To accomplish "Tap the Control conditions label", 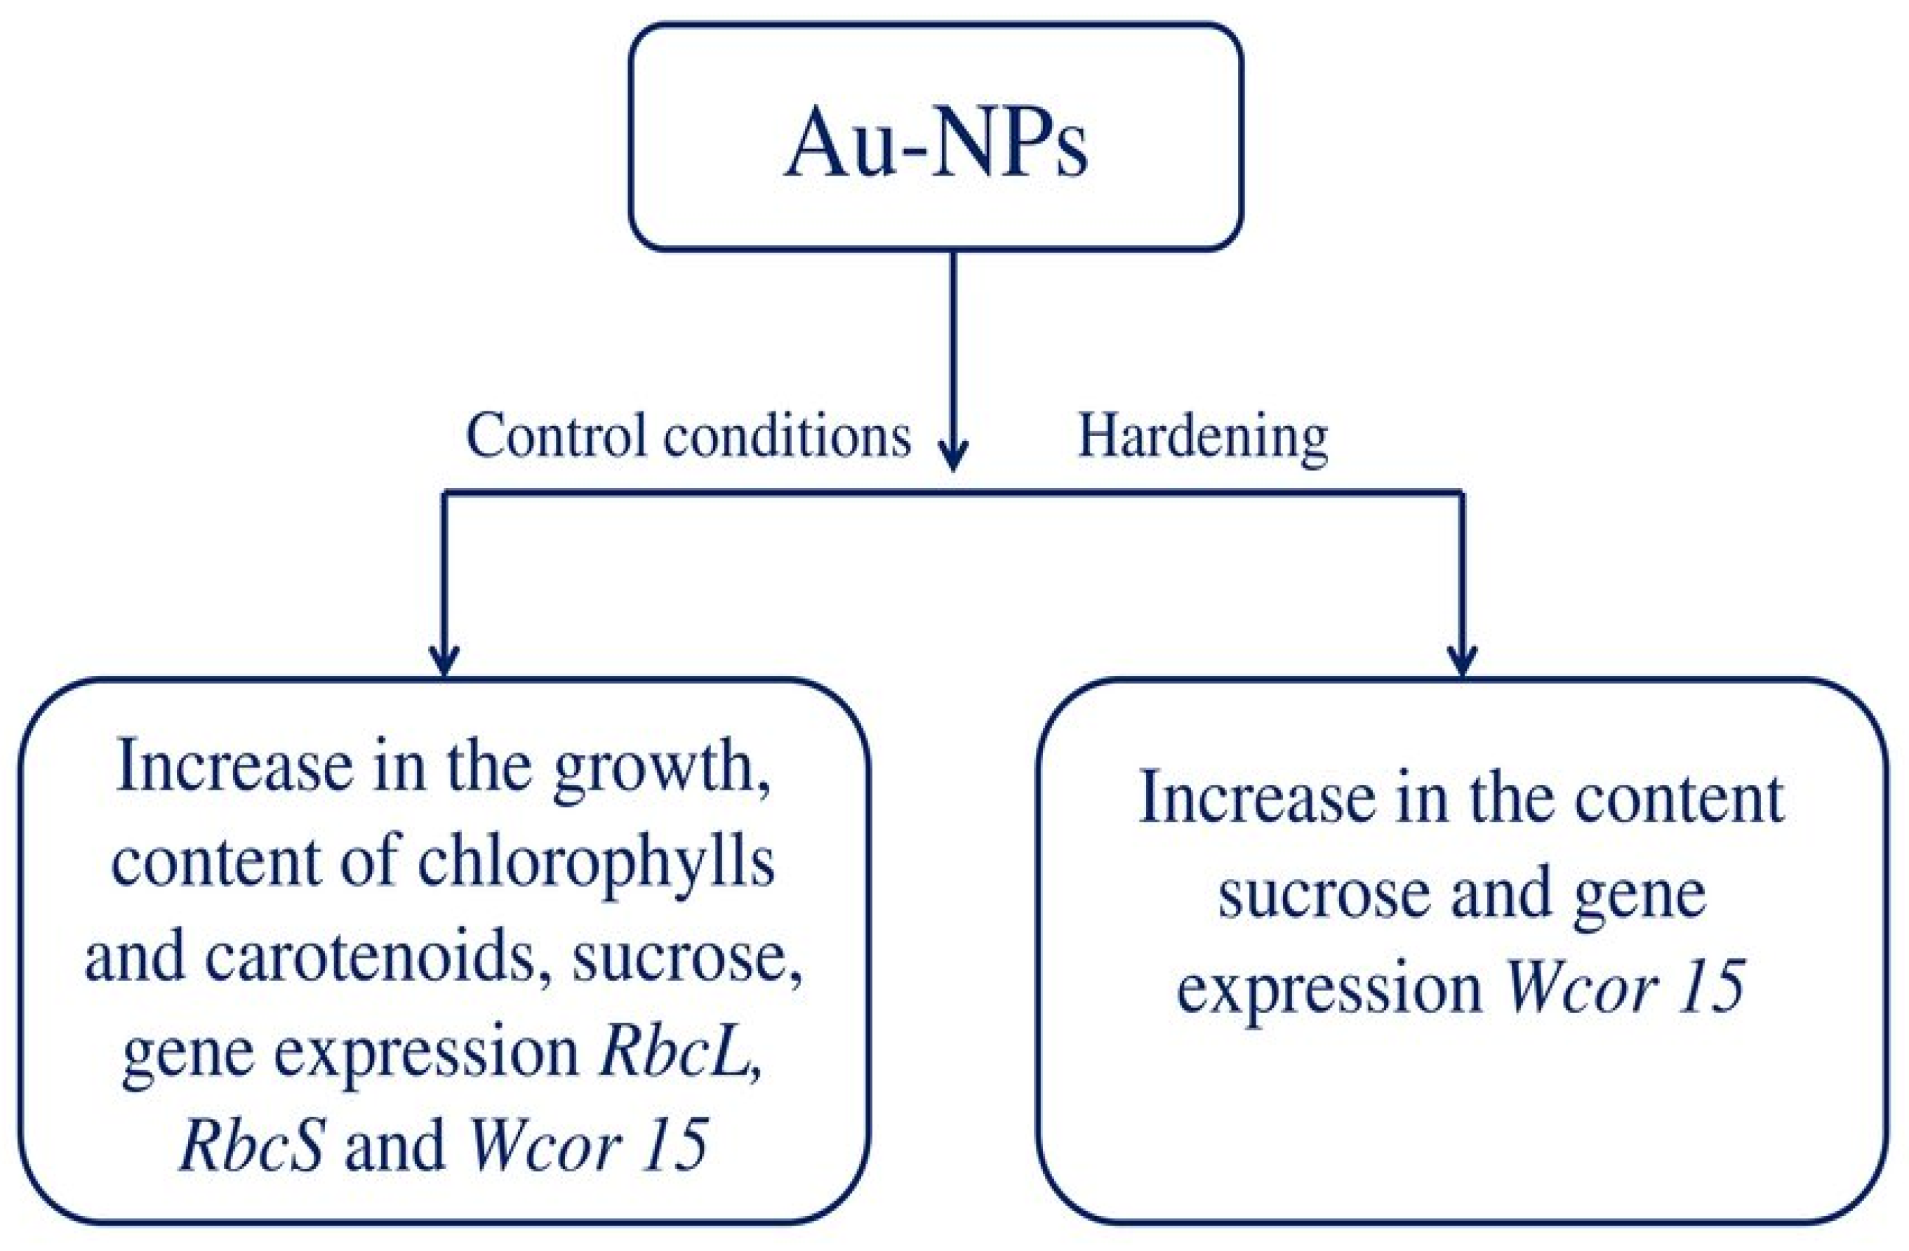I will [689, 437].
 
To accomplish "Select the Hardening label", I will [1202, 437].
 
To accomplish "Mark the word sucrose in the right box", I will [1324, 894].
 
